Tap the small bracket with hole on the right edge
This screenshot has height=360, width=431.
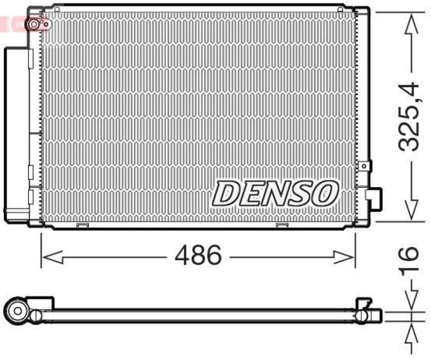click(x=367, y=167)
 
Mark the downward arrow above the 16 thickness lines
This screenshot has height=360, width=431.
click(x=411, y=302)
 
